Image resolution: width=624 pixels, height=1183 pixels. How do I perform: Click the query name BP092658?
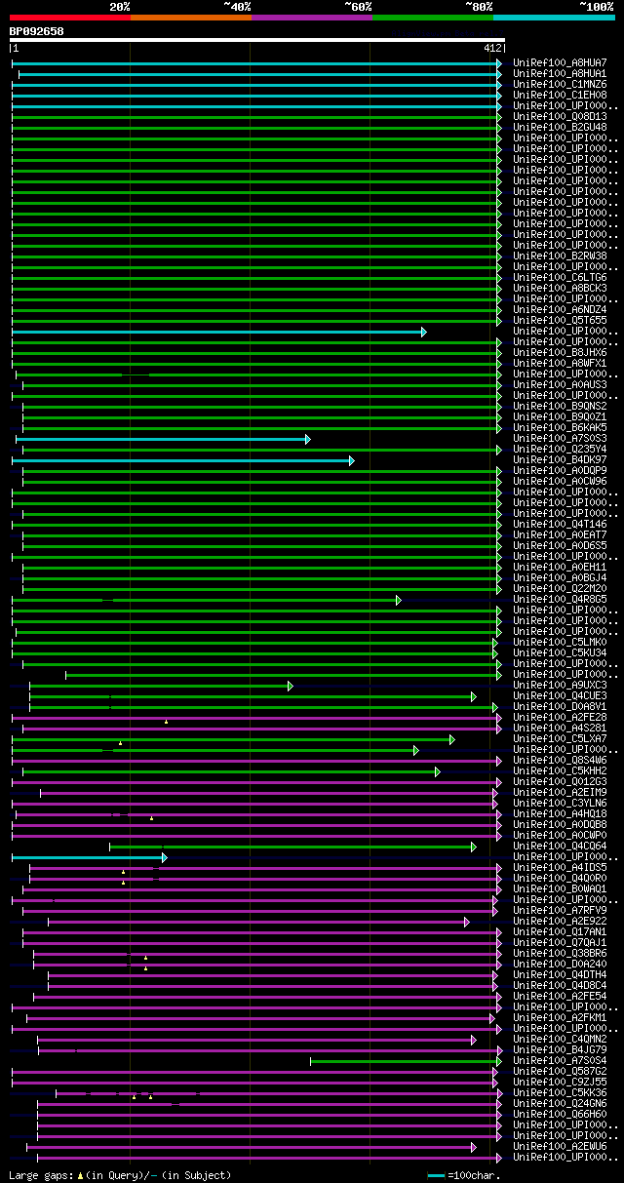[37, 31]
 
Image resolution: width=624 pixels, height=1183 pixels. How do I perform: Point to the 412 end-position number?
[491, 48]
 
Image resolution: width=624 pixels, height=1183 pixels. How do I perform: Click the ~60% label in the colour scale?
[358, 7]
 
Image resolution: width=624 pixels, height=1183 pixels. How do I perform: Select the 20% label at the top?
[120, 7]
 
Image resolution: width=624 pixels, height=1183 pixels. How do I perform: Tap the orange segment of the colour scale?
[190, 17]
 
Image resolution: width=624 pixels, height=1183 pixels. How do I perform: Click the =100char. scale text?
[474, 1176]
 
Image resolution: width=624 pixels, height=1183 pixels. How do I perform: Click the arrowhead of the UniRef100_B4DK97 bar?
[351, 460]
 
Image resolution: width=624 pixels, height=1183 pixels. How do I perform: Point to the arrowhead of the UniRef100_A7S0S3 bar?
[307, 439]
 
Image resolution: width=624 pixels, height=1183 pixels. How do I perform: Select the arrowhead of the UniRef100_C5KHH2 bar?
[437, 771]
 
